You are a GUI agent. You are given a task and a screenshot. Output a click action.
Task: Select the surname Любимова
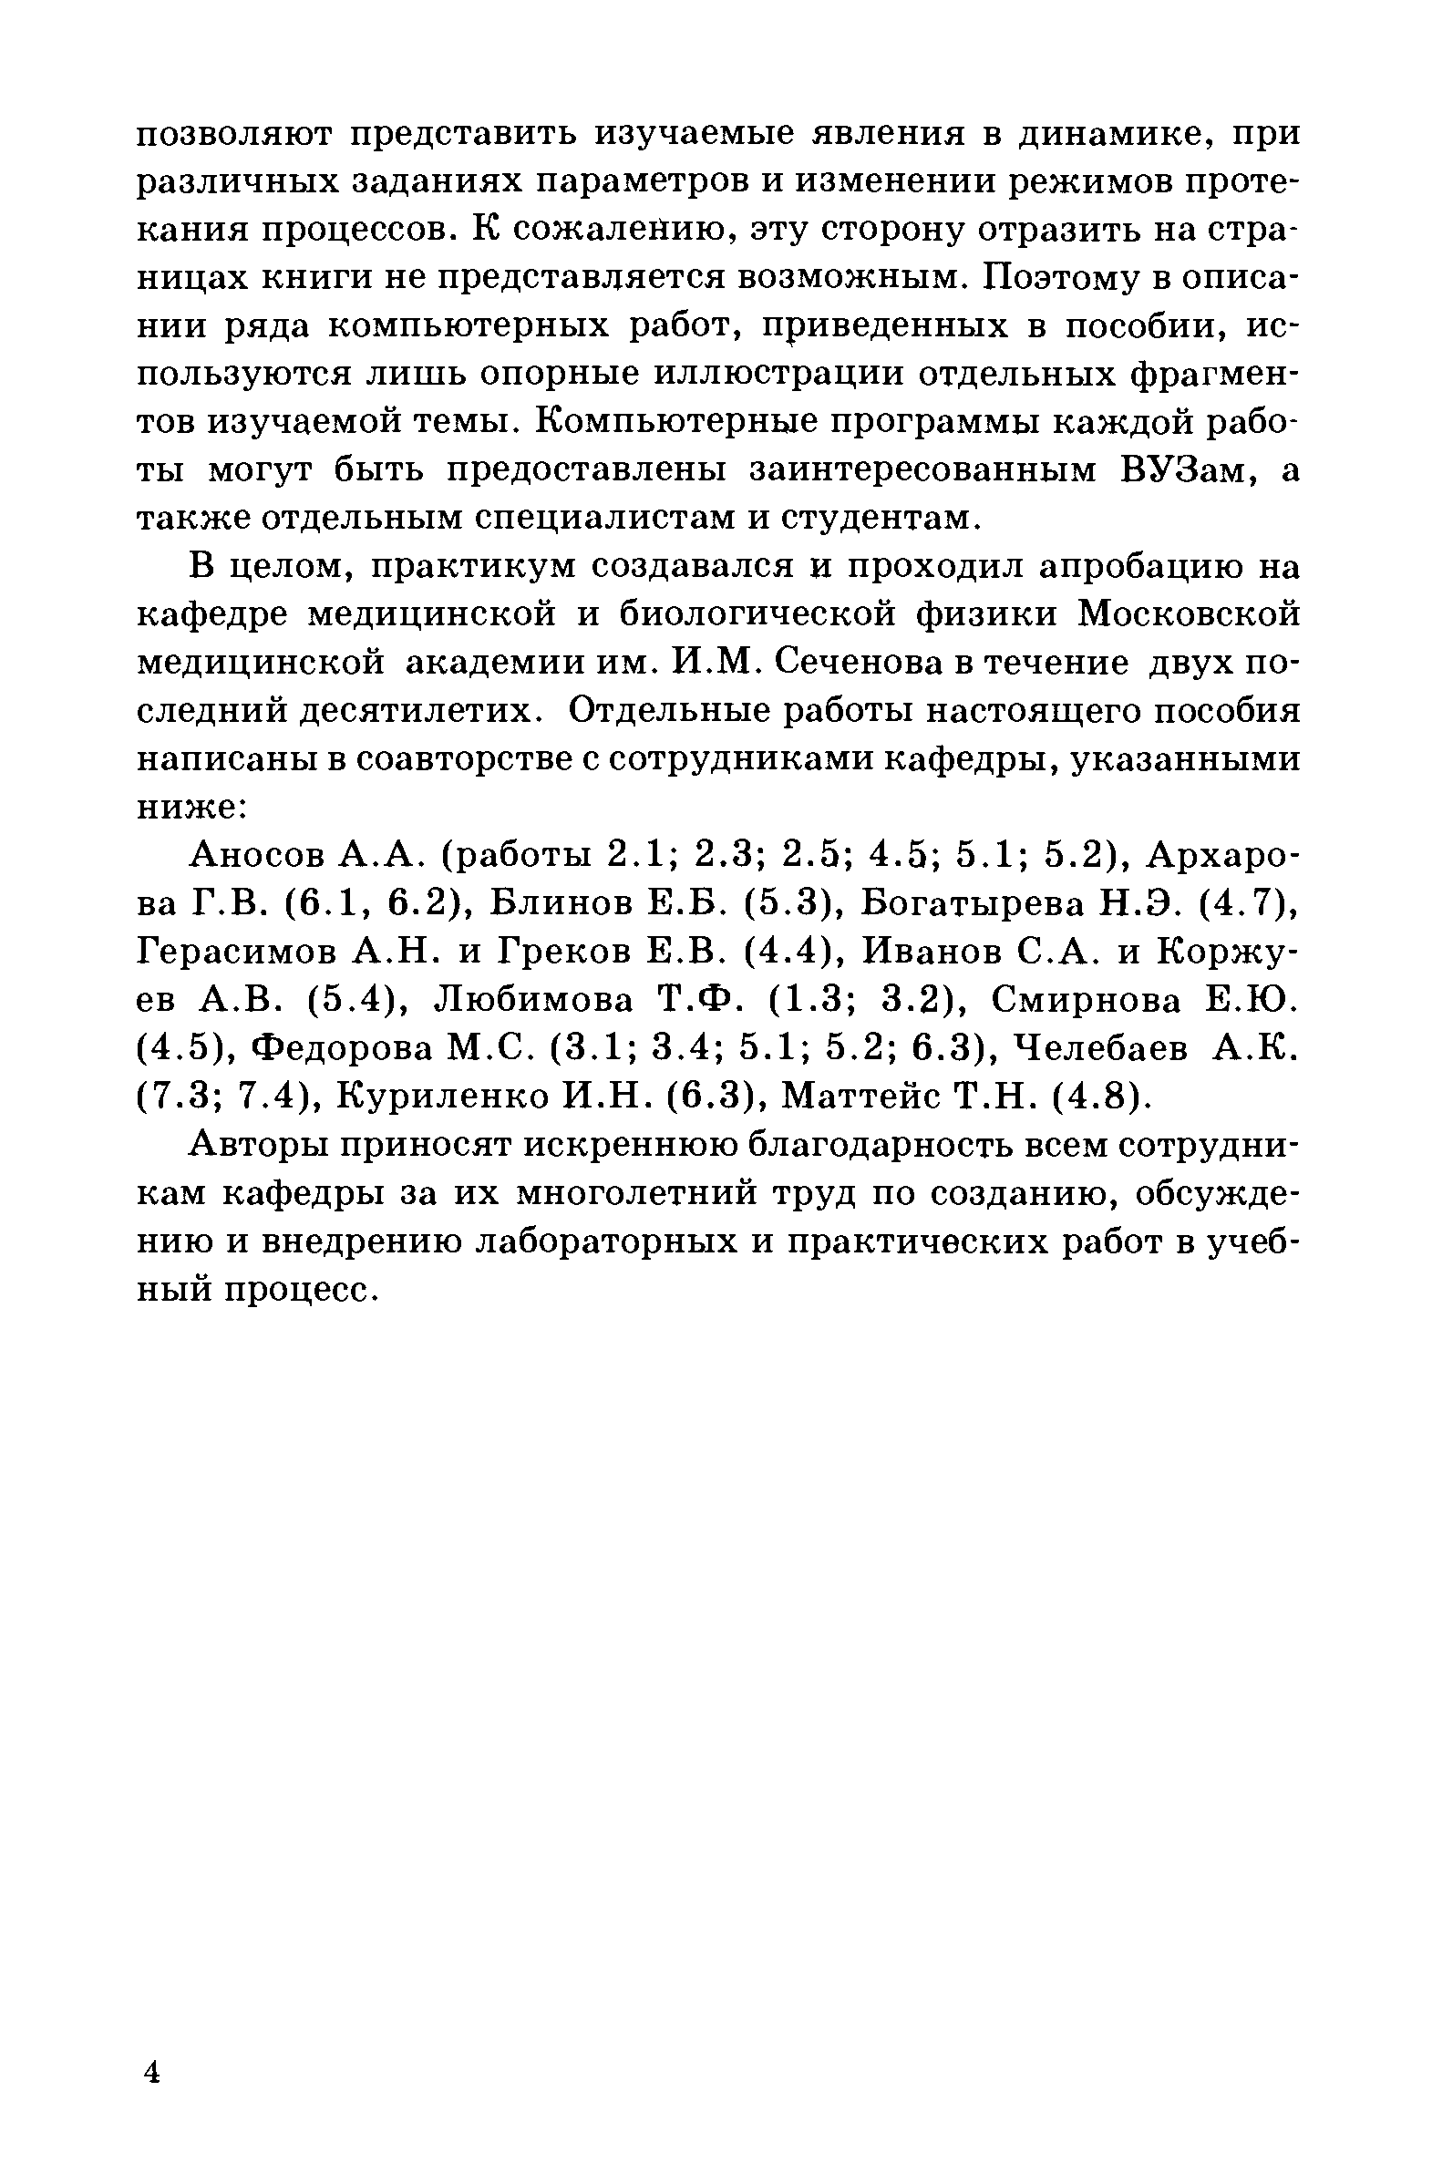pos(531,999)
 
